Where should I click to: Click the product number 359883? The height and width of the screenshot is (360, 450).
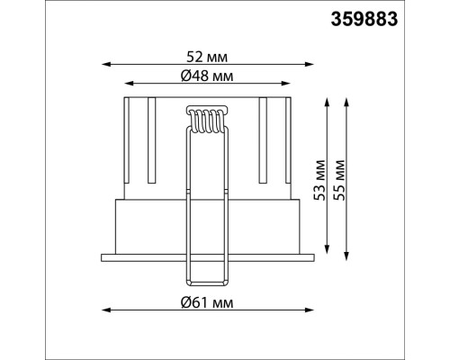click(x=364, y=20)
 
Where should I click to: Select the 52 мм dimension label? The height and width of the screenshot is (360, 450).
click(x=207, y=57)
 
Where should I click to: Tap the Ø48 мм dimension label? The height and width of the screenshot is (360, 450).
click(x=207, y=76)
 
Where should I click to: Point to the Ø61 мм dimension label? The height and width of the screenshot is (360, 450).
click(x=207, y=302)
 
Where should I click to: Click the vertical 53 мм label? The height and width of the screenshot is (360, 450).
click(x=319, y=180)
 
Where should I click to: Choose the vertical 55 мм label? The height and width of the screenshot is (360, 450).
click(x=339, y=180)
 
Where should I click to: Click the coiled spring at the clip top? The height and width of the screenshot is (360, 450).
click(x=206, y=120)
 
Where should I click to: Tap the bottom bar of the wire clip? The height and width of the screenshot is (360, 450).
click(x=206, y=283)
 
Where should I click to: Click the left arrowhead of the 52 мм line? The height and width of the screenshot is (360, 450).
click(x=106, y=64)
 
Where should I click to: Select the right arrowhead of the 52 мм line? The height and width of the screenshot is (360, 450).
click(x=310, y=64)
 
